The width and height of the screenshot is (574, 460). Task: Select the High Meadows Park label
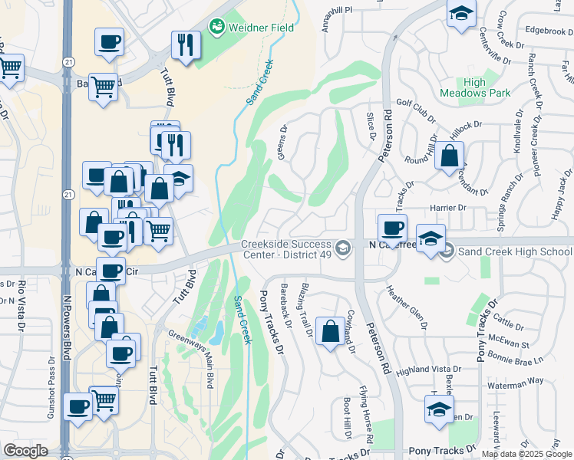tap(475, 87)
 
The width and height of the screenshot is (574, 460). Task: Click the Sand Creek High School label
tap(510, 250)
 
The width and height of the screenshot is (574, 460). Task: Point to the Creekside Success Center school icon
tap(344, 246)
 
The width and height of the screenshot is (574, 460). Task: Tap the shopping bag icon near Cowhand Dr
tap(330, 332)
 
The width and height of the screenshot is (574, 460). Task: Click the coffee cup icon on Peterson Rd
tap(392, 228)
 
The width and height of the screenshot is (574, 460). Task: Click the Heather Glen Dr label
tap(406, 307)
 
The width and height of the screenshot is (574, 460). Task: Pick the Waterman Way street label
tap(516, 380)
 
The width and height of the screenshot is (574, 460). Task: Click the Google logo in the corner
tap(25, 451)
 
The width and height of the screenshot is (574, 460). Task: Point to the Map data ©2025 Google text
tap(526, 453)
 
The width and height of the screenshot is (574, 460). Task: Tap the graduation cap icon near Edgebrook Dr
tap(461, 13)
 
